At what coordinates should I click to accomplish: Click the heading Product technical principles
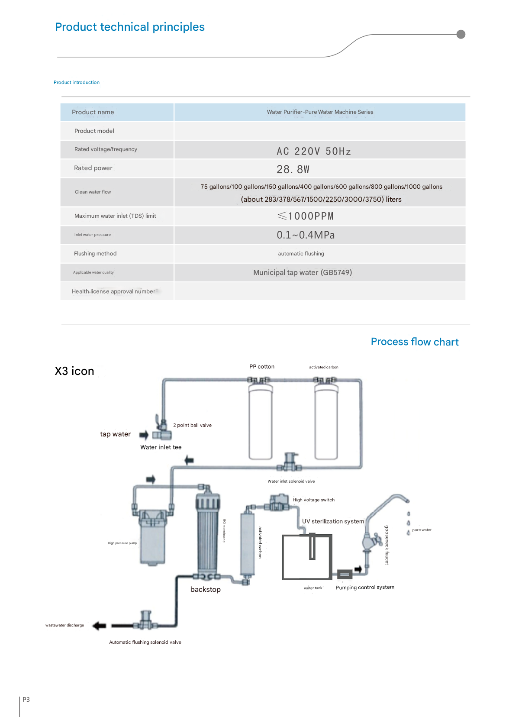129,27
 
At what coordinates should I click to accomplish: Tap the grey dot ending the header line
461,34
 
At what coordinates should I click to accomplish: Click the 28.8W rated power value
293,169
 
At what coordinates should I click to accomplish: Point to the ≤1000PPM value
305,216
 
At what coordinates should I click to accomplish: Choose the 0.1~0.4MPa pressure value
306,235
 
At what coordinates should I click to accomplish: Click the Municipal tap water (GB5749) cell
303,272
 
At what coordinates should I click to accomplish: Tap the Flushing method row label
95,254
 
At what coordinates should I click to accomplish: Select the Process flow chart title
415,342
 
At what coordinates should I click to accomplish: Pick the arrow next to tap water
144,435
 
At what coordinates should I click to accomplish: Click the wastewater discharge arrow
99,626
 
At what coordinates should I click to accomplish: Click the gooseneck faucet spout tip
407,501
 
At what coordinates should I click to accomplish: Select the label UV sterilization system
333,521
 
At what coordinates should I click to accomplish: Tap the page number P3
26,700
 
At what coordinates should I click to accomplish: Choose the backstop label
206,590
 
